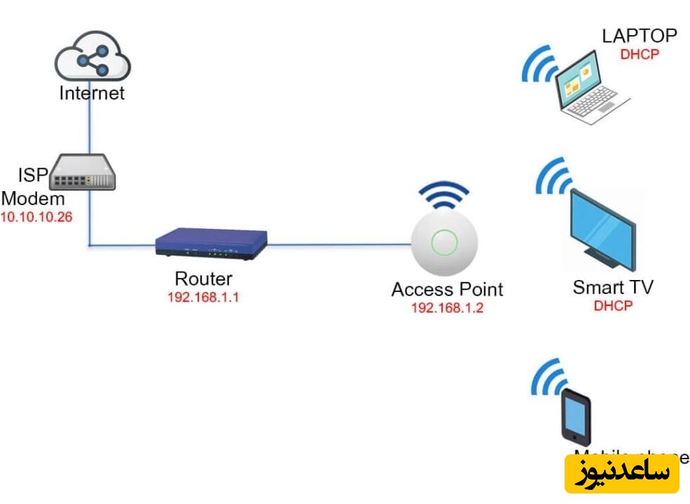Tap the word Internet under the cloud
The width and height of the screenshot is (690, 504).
coord(92,93)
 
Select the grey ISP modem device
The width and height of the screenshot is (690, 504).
coord(84,172)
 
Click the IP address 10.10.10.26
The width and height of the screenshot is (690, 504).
coord(36,217)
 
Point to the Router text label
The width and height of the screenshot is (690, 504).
coord(203,279)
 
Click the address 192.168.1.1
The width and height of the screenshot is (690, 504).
coord(203,297)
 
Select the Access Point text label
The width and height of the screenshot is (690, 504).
coord(447,289)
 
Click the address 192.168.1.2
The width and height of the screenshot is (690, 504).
coord(447,307)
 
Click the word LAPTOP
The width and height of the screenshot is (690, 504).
coord(640,35)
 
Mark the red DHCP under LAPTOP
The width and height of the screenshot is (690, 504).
coord(640,53)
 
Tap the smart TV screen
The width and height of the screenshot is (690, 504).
coord(601,227)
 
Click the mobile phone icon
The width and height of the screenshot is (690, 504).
coord(576,416)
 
